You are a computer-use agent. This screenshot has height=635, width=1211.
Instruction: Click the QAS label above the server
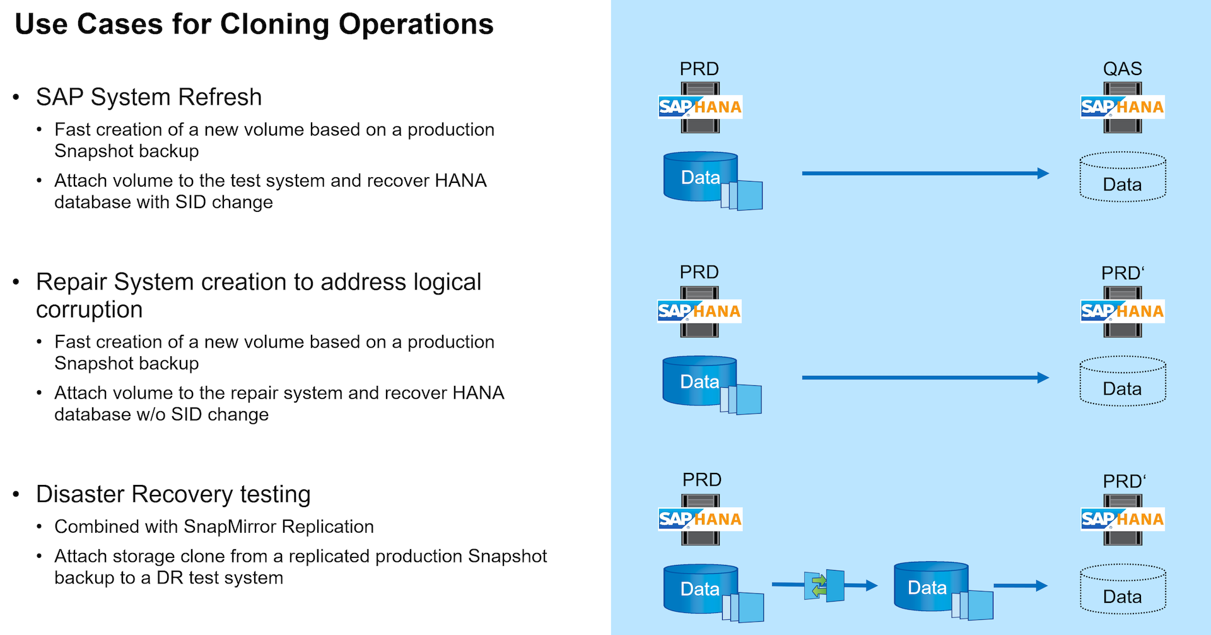1122,69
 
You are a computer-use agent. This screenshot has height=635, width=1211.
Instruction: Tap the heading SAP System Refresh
149,97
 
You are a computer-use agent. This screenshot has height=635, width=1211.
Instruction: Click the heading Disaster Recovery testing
173,494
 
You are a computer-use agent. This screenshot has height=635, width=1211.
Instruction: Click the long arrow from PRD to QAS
925,173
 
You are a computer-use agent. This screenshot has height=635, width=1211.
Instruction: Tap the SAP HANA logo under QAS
1123,107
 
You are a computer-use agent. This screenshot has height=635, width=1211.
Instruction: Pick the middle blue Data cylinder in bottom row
930,586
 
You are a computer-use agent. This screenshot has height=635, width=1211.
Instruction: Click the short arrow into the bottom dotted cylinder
1020,586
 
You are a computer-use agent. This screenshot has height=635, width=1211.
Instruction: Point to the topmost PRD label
699,69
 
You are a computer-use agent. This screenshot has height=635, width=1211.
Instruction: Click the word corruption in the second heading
90,310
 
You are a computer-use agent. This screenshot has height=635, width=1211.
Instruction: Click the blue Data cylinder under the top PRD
700,177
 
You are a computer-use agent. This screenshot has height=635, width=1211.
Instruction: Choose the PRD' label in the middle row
1123,273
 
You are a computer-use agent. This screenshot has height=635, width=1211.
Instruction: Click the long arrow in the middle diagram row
925,378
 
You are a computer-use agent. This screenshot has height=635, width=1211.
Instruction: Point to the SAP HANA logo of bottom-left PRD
700,519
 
